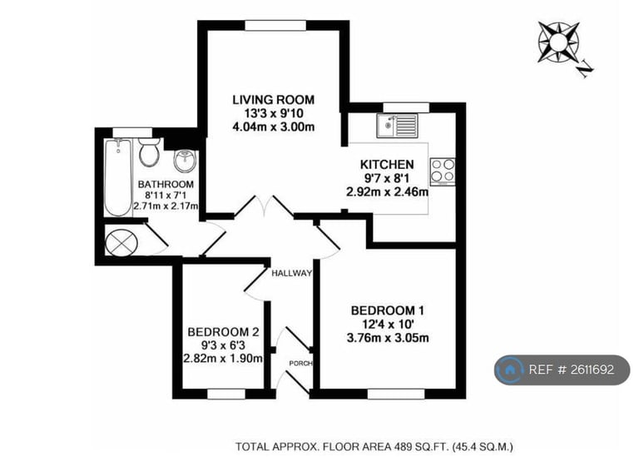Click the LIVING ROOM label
pyautogui.click(x=272, y=100)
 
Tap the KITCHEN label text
pyautogui.click(x=387, y=164)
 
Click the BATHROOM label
pyautogui.click(x=166, y=184)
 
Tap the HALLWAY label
pyautogui.click(x=290, y=273)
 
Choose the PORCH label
pyautogui.click(x=299, y=363)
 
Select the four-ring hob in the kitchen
pyautogui.click(x=443, y=171)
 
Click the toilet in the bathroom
pyautogui.click(x=149, y=151)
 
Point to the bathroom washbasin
pyautogui.click(x=185, y=160)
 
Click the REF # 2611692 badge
pyautogui.click(x=562, y=369)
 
